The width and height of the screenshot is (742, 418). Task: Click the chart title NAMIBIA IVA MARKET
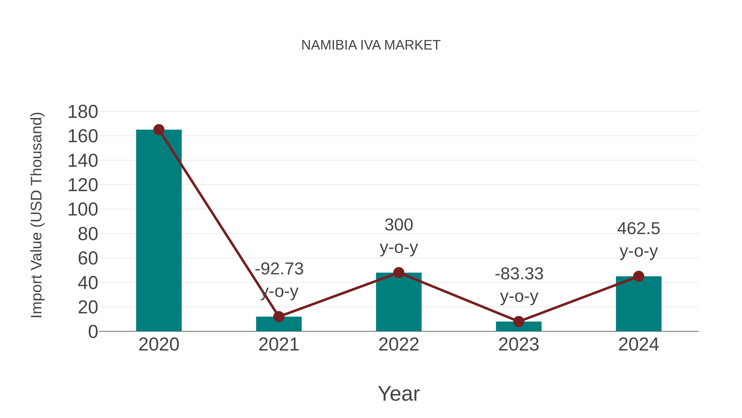coord(371,45)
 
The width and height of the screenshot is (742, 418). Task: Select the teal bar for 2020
coord(159,231)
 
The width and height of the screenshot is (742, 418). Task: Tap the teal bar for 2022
coord(399,303)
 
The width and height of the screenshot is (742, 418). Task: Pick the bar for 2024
coord(639,304)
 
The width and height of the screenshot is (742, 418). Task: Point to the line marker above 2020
coord(159,130)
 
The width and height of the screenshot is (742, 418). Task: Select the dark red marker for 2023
coord(519,321)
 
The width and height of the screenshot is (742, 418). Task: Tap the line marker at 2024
coord(639,276)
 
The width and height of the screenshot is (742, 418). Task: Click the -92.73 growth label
coord(279,269)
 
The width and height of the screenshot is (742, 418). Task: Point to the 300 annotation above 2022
coord(399,225)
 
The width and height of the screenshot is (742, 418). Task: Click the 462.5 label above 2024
coord(638,229)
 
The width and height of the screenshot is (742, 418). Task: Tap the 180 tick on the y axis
coord(83,112)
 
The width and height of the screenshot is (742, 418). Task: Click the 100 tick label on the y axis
coord(83,210)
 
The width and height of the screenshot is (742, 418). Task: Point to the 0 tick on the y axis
coord(93,332)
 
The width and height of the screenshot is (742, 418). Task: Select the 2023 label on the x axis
coord(519,345)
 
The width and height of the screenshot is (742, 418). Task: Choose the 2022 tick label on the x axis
coord(399,345)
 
